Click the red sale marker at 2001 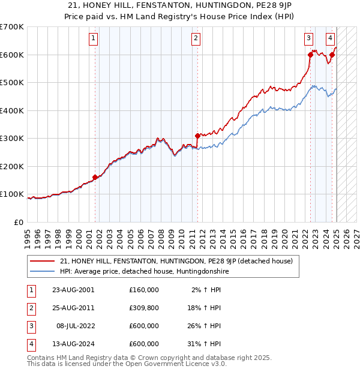[95, 177]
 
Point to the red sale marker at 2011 [197, 136]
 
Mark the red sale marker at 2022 [310, 55]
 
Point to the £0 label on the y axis [19, 222]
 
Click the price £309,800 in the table [143, 308]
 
